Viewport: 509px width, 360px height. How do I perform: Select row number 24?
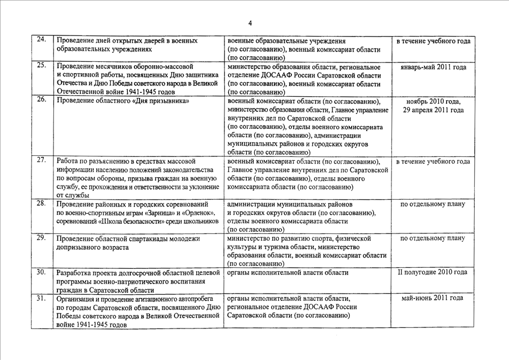(41, 40)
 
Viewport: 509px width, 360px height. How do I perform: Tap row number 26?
(41, 100)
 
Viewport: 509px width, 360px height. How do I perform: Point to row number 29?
(41, 237)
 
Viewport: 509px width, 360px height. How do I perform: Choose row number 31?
(41, 298)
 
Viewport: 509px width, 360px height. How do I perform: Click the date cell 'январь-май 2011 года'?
(433, 67)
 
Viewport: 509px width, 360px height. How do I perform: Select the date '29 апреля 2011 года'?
(433, 110)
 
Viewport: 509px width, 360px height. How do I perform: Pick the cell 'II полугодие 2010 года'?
(433, 272)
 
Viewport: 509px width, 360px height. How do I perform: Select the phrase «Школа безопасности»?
(134, 222)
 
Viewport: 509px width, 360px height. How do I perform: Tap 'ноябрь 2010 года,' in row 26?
(433, 101)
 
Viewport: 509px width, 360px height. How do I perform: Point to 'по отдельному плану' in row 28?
(433, 204)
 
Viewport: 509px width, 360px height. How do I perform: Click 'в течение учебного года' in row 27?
(433, 162)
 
